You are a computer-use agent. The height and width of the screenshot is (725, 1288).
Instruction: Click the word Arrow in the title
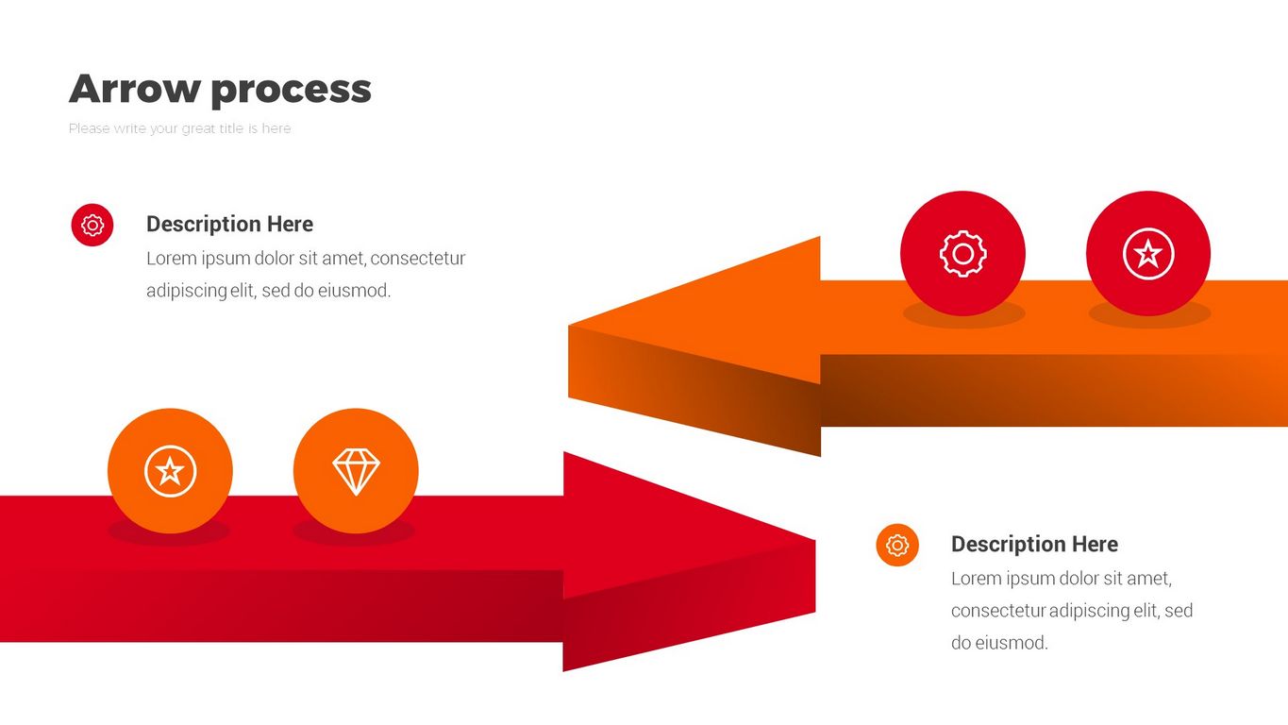point(133,89)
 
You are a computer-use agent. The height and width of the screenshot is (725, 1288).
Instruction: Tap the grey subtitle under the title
point(179,129)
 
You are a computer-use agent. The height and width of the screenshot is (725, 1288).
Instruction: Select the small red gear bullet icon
point(92,225)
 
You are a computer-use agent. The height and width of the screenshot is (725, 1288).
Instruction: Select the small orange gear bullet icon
point(897,545)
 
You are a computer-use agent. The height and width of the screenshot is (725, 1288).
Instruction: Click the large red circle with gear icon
point(963,253)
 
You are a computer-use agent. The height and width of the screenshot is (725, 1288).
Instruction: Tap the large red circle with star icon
point(1148,253)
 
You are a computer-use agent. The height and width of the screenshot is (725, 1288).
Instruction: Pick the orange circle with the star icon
point(170,471)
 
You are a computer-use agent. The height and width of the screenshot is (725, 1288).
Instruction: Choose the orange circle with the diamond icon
point(356,471)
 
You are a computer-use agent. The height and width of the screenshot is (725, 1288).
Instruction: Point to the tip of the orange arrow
point(569,326)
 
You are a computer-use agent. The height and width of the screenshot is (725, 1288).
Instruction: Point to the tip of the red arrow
point(815,540)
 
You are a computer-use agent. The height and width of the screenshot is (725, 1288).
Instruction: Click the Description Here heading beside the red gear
point(229,224)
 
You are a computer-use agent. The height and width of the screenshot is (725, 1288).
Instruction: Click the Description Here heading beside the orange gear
point(1034,544)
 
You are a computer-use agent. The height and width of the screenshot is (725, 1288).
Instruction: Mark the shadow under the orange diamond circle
point(354,532)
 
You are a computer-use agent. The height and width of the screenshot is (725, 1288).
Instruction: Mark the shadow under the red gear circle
point(964,314)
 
